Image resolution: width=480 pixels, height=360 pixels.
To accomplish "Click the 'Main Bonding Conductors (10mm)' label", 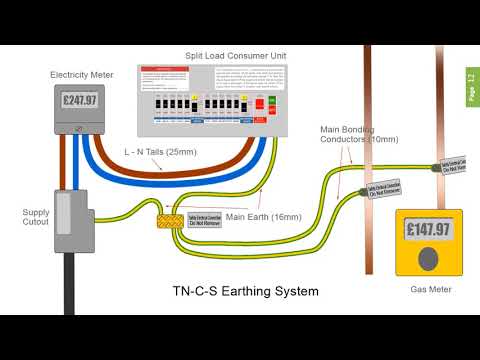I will (x=359, y=134).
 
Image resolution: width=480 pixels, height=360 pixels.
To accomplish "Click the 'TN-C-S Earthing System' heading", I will (x=246, y=291).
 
